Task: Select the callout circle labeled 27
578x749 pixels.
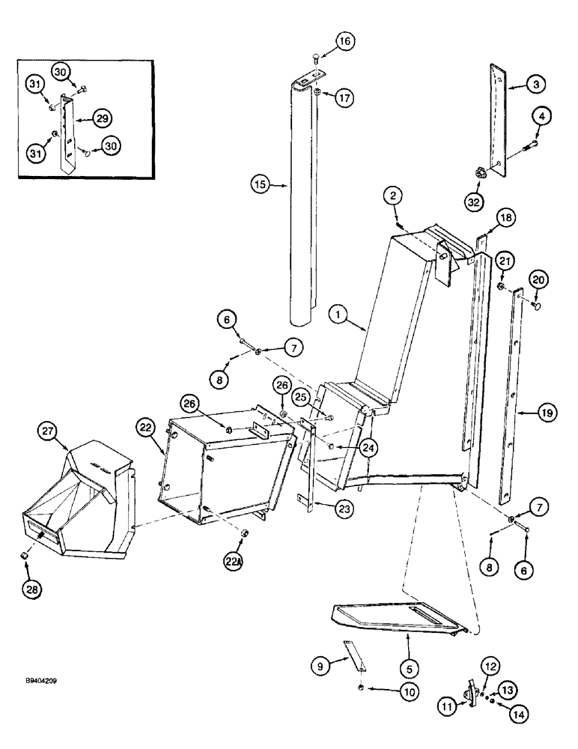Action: click(x=49, y=432)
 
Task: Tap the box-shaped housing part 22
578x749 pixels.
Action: click(x=225, y=472)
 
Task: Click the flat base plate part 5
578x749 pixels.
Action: click(x=397, y=619)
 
